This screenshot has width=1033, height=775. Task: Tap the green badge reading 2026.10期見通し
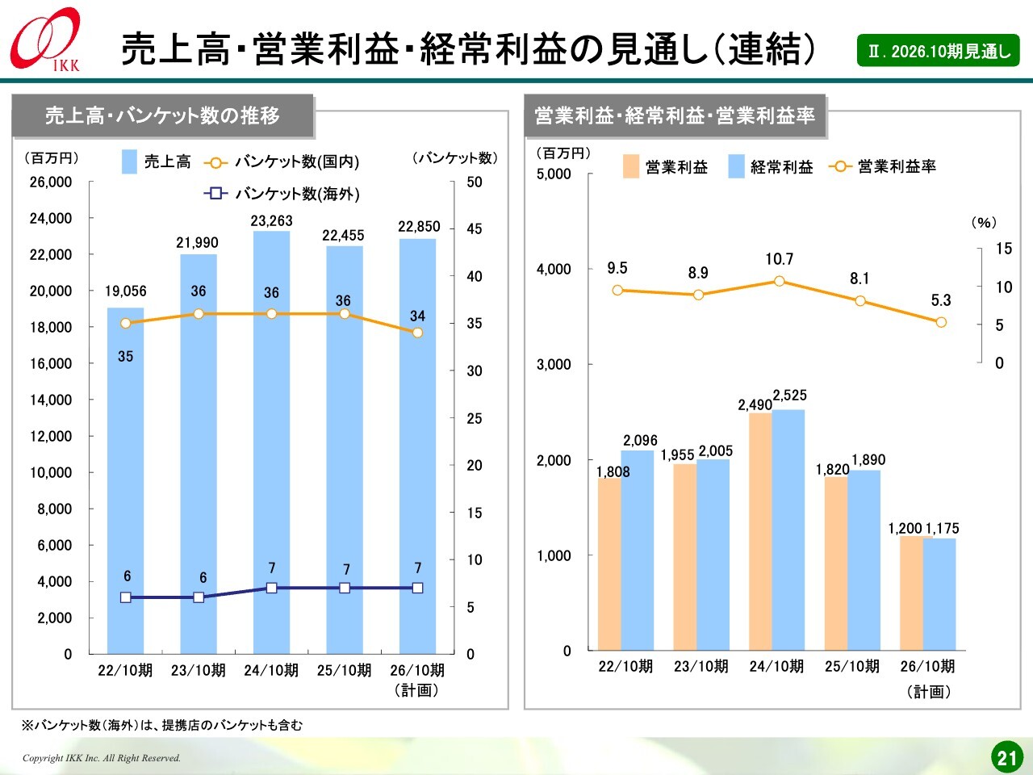pyautogui.click(x=938, y=51)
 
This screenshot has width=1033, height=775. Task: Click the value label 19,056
pyautogui.click(x=126, y=291)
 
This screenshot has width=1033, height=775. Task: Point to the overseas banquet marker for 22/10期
pyautogui.click(x=126, y=597)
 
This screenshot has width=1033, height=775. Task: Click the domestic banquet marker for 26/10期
pyautogui.click(x=417, y=332)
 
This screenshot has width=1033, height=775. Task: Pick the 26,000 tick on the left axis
pyautogui.click(x=51, y=182)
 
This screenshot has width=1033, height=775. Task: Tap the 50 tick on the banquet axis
pyautogui.click(x=475, y=182)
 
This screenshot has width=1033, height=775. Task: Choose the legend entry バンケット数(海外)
pyautogui.click(x=282, y=194)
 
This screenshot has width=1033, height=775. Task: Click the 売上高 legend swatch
pyautogui.click(x=130, y=161)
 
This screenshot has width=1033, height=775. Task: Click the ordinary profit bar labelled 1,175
pyautogui.click(x=939, y=594)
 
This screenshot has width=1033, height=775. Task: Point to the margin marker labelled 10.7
pyautogui.click(x=780, y=281)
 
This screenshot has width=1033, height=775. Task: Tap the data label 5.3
pyautogui.click(x=941, y=300)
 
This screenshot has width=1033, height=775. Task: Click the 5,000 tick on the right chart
pyautogui.click(x=554, y=174)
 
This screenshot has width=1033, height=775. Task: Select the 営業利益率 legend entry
pyautogui.click(x=884, y=166)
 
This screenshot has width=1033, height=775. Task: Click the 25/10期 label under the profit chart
pyautogui.click(x=852, y=666)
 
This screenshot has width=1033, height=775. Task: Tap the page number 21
pyautogui.click(x=1006, y=757)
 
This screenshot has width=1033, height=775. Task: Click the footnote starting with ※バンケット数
pyautogui.click(x=161, y=725)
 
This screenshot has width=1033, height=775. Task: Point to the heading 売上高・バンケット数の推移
pyautogui.click(x=162, y=115)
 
